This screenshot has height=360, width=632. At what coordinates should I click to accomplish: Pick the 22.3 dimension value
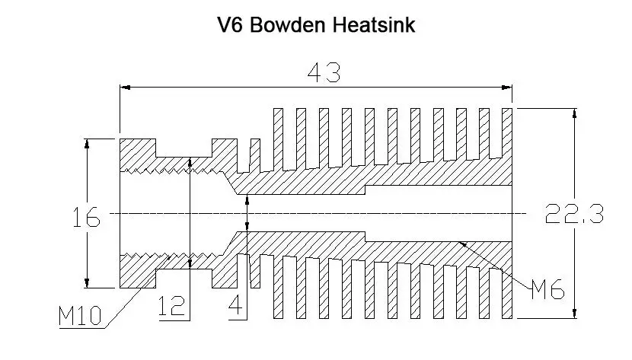pyautogui.click(x=575, y=214)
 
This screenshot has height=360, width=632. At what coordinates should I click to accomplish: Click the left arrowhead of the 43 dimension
pyautogui.click(x=125, y=88)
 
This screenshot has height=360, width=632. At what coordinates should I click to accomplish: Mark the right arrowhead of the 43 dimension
pyautogui.click(x=509, y=88)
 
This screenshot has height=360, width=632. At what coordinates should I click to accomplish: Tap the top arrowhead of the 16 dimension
pyautogui.click(x=88, y=142)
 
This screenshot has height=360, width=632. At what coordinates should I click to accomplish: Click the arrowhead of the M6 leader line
pyautogui.click(x=462, y=244)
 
